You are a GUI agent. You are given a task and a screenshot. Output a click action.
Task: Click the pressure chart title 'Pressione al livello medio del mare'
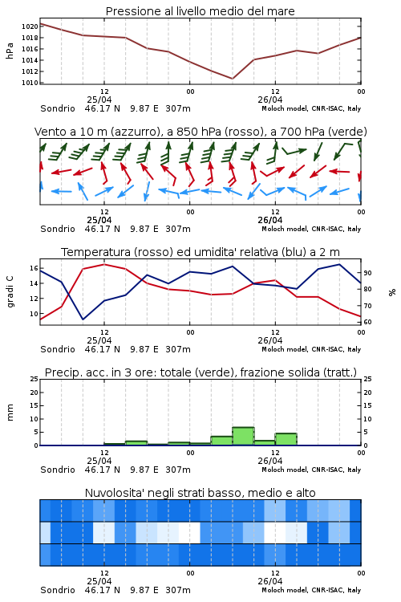pos(200,11)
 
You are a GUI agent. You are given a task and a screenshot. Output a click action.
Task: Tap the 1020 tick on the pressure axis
pos(30,26)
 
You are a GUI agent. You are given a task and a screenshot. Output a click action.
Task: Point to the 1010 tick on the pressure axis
pos(30,83)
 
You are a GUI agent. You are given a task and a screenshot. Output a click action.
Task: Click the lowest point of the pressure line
pos(233,79)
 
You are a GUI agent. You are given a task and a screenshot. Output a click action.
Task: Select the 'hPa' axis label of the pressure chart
pos(10,51)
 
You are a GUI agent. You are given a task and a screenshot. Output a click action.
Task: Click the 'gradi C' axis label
pos(10,291)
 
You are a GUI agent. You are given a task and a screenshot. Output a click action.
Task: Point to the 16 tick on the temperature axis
pos(34,268)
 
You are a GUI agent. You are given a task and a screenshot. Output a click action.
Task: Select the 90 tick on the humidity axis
pos(367,273)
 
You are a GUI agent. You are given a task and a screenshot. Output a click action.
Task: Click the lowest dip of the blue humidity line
pos(83,319)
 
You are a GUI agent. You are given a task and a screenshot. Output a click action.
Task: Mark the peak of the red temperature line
pos(104,264)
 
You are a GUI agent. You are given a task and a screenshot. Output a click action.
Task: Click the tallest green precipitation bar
pos(243,436)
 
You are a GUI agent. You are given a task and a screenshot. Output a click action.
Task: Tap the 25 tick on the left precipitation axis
pos(34,379)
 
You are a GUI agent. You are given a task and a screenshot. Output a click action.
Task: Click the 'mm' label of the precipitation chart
pos(10,413)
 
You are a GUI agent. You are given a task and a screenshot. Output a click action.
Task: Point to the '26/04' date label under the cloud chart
pos(270,581)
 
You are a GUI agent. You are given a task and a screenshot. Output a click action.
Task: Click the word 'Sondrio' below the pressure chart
pos(58,108)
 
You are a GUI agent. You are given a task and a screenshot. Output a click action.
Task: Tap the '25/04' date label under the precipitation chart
pos(99,461)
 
